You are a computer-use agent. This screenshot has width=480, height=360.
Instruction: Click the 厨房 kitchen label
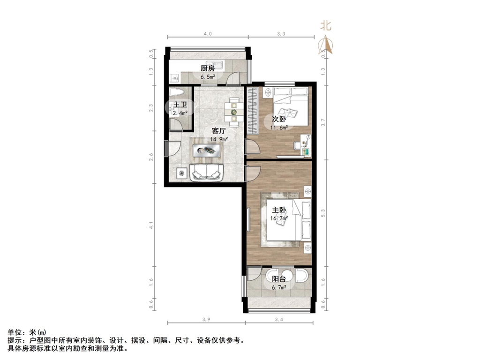[x=208, y=68]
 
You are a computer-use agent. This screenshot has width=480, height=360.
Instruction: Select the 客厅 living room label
[x=219, y=131]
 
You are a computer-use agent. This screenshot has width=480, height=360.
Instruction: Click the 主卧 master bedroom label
[x=278, y=210]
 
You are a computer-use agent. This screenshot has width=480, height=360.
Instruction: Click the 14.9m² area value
[x=219, y=139]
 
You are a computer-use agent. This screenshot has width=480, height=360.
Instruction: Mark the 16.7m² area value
[x=278, y=218]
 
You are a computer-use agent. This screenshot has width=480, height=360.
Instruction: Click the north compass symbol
[x=326, y=45]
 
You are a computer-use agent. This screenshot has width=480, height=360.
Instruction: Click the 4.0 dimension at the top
[x=208, y=34]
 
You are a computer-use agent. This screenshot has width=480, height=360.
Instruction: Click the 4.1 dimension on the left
[x=151, y=227]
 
